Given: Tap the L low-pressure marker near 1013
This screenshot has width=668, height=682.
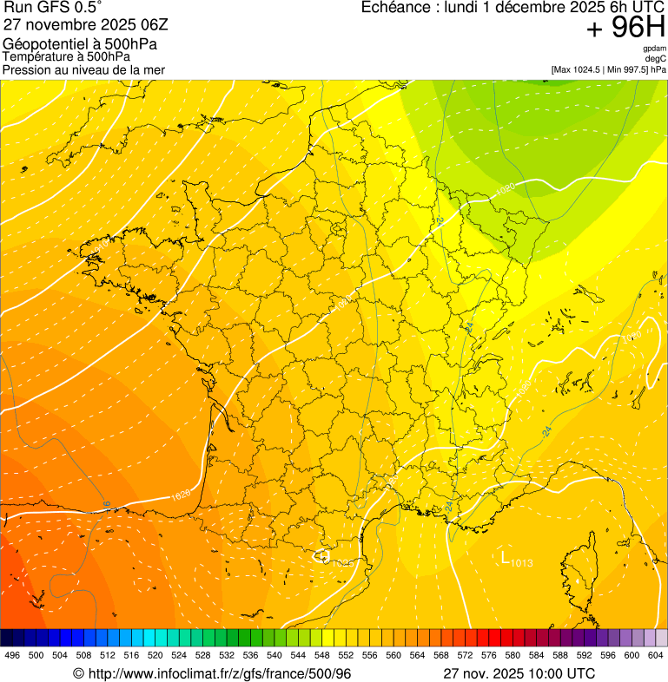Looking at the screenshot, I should coord(505,557).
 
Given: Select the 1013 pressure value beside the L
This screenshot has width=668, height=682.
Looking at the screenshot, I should coord(521,564).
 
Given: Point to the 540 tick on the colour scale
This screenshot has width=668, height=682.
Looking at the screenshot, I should coord(274,656).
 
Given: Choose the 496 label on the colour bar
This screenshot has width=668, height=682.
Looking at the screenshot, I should coord(12,656).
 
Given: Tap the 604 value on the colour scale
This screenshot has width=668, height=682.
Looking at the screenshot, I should coord(656,656).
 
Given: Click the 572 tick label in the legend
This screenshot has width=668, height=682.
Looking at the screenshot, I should coord(465,656).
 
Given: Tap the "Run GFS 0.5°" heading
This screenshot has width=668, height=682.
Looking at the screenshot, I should coord(53,8).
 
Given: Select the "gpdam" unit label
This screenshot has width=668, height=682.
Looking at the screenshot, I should coord(655,49).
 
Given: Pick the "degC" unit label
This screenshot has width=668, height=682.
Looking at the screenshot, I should coord(657,59).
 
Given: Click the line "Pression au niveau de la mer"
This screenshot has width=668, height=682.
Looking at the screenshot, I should coord(83,69).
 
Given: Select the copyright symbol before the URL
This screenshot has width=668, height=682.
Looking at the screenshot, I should coord(78,673).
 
